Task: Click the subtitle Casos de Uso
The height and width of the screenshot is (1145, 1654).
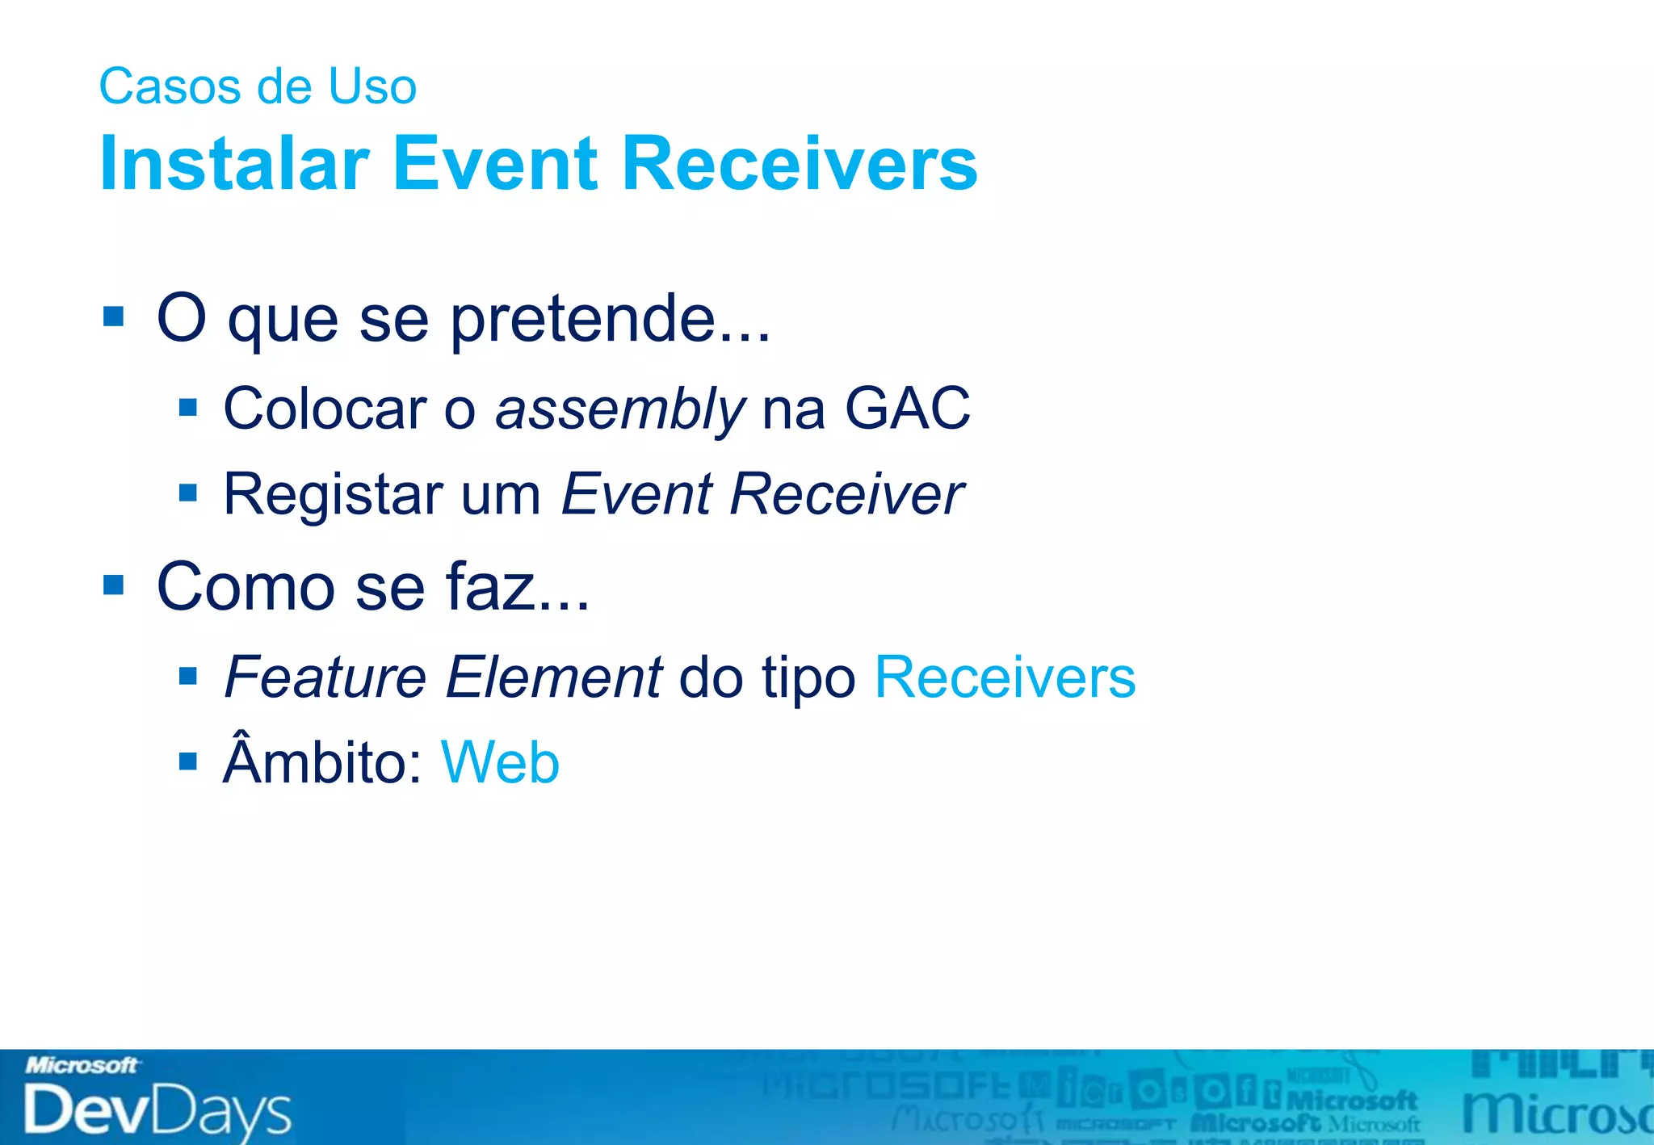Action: click(x=258, y=86)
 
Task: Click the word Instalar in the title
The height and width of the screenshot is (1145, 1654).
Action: click(x=234, y=164)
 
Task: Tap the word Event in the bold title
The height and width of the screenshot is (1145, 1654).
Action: click(x=495, y=164)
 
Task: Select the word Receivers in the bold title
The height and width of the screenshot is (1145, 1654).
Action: click(x=800, y=164)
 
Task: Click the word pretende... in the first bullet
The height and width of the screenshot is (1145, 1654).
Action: click(x=610, y=320)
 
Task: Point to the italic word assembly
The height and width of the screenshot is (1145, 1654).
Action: click(x=619, y=409)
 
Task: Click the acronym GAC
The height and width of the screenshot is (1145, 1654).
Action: click(x=907, y=409)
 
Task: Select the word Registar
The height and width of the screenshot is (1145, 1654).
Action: click(x=332, y=494)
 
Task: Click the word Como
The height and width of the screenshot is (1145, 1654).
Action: click(x=246, y=587)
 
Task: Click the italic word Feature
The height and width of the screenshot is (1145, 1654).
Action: click(x=325, y=677)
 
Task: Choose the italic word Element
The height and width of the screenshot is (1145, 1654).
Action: click(x=553, y=677)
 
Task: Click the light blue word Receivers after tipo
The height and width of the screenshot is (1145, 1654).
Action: click(x=1005, y=677)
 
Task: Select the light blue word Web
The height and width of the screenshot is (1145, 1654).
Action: click(x=500, y=762)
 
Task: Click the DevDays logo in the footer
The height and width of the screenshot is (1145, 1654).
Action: click(x=157, y=1111)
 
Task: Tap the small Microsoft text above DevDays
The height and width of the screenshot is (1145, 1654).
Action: click(x=82, y=1066)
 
